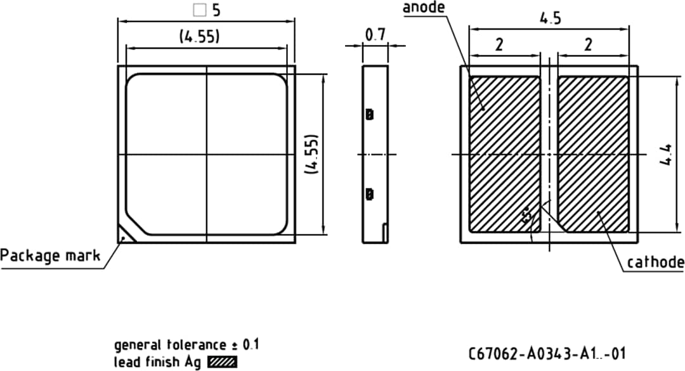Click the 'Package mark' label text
tap(50, 256)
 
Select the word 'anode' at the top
tap(424, 7)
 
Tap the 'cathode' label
tap(655, 262)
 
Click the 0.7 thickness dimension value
tap(375, 36)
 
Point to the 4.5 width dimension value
tap(550, 18)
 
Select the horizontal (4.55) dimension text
tap(199, 37)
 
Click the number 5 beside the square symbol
tap(216, 11)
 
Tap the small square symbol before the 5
tap(200, 11)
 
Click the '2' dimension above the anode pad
tap(499, 44)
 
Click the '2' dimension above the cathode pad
tap(588, 44)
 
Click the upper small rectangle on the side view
tap(370, 115)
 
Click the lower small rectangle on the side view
tap(370, 194)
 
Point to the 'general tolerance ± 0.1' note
tap(186, 345)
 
